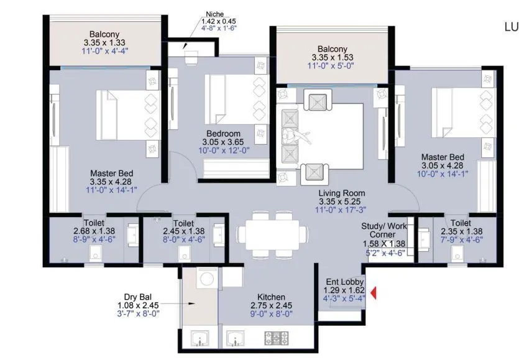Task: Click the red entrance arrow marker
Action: [374, 292]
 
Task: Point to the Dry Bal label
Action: [135, 297]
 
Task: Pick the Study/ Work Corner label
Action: [384, 231]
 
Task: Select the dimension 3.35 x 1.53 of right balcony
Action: [332, 57]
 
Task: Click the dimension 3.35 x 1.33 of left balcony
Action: [104, 42]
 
